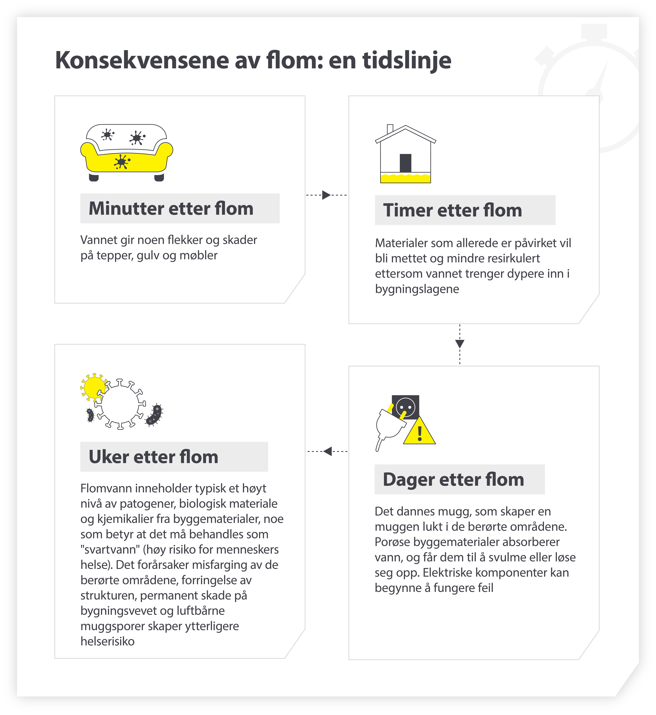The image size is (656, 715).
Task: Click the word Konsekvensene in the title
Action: click(x=142, y=60)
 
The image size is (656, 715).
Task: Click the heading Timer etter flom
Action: click(x=453, y=210)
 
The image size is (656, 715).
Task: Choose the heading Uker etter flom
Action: click(x=153, y=457)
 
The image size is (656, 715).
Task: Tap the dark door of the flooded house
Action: click(x=405, y=163)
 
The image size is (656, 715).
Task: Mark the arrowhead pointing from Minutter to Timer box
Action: click(x=326, y=195)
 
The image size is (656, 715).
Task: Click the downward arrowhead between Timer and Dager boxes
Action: click(x=460, y=344)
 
